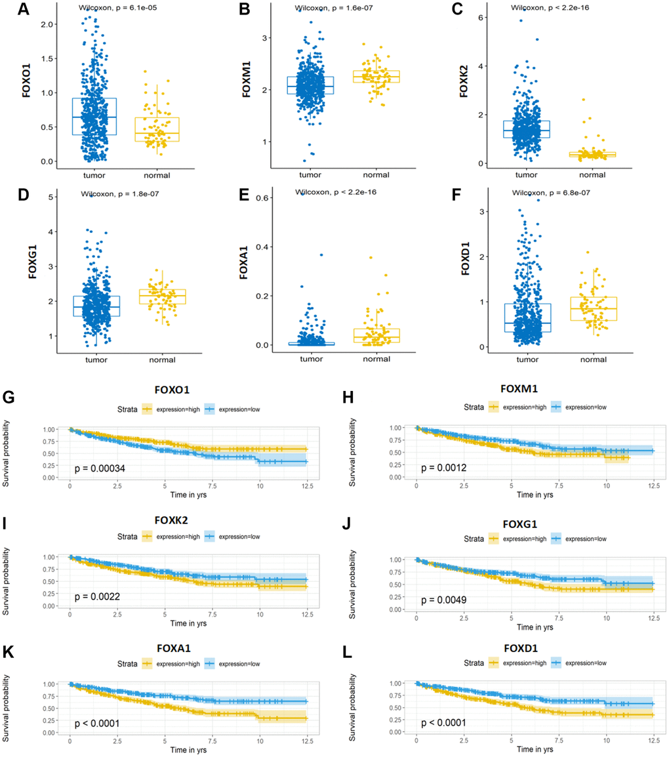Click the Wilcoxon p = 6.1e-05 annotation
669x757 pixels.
[x=113, y=8]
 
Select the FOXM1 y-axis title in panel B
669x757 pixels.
[x=247, y=86]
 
